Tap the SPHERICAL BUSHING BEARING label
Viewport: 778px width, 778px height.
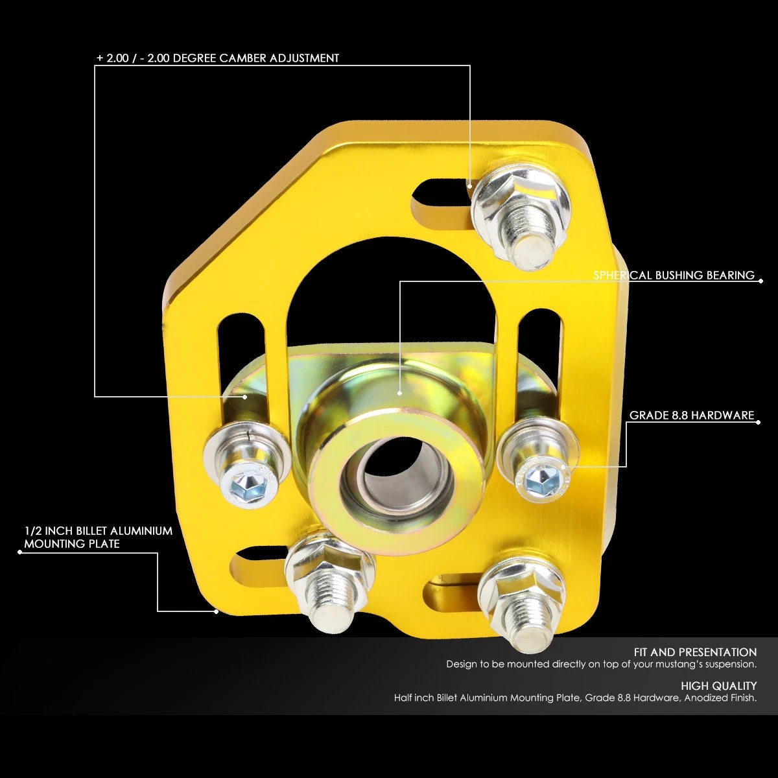674,276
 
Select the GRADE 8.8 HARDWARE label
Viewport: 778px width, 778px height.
692,416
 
